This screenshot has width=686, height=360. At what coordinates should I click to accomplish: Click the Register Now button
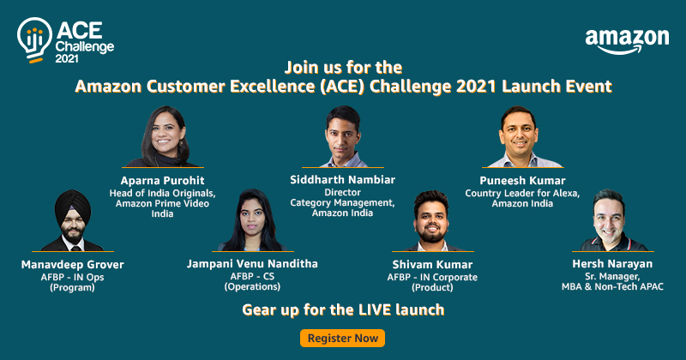[342, 338]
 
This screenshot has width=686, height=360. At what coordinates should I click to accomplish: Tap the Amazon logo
[627, 41]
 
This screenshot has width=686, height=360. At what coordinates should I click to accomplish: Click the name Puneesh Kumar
[522, 180]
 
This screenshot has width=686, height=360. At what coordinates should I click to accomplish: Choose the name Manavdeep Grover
[71, 264]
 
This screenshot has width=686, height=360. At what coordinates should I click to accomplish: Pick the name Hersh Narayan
[616, 264]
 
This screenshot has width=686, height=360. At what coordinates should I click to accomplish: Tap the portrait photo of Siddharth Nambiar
[346, 137]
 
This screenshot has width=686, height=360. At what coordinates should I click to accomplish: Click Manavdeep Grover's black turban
[71, 206]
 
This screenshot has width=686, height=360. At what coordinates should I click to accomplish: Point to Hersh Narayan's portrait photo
[617, 221]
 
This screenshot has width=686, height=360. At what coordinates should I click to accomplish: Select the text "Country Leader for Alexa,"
[522, 193]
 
